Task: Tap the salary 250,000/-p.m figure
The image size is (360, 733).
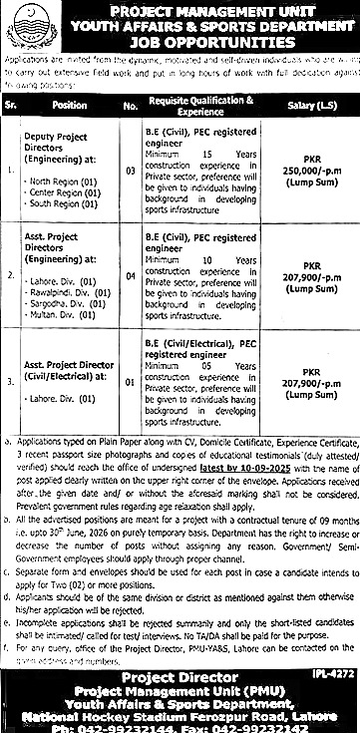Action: (310, 172)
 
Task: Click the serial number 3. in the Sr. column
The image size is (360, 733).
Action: (11, 380)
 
